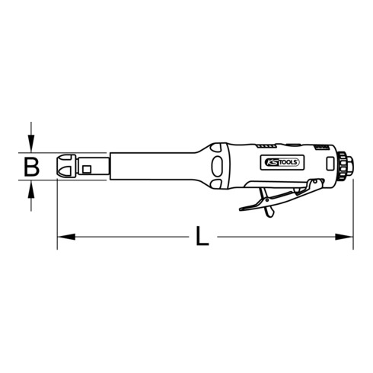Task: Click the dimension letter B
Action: click(x=31, y=167)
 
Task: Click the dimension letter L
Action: click(x=202, y=236)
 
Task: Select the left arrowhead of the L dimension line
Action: click(x=66, y=237)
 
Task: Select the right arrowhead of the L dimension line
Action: click(x=344, y=237)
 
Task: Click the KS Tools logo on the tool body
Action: click(x=282, y=162)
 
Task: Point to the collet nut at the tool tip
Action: click(x=66, y=166)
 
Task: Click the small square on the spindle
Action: click(x=87, y=169)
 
